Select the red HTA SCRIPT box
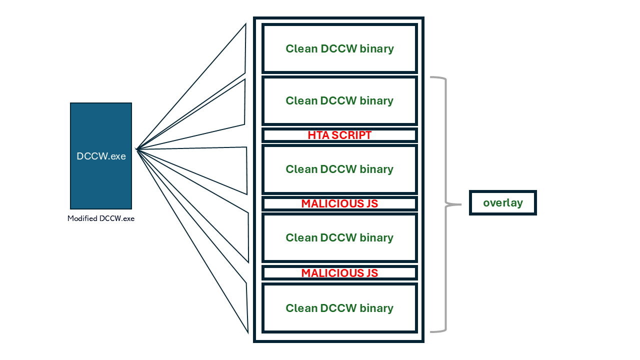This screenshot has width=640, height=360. tap(339, 135)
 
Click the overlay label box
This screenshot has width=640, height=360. tap(502, 203)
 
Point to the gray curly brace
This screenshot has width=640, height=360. tap(444, 204)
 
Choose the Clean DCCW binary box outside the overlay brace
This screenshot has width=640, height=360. tap(339, 48)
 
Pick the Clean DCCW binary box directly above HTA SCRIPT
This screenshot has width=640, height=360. tap(339, 100)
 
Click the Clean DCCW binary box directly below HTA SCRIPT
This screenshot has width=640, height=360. tap(339, 169)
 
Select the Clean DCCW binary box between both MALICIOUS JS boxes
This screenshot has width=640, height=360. tap(339, 237)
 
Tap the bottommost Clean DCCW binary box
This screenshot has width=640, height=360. tap(339, 308)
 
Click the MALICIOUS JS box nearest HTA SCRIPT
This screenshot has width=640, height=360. tap(339, 203)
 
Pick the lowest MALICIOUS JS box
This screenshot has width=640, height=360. tap(339, 273)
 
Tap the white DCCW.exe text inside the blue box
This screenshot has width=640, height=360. tap(101, 156)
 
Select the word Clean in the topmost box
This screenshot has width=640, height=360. tap(301, 48)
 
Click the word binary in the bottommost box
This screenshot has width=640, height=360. tap(375, 308)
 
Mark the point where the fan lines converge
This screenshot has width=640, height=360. tap(136, 148)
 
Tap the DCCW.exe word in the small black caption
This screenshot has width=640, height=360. tap(117, 218)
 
